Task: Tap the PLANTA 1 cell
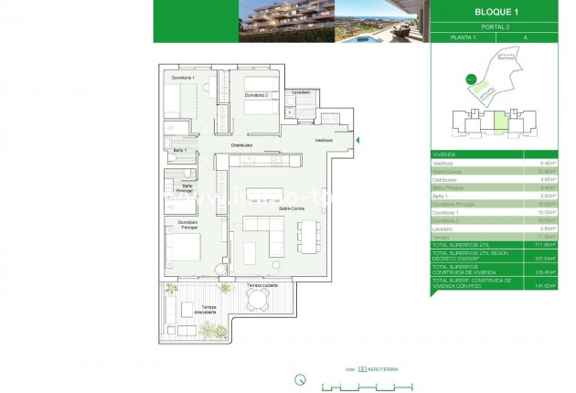(x=464, y=39)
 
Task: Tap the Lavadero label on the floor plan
(x=302, y=92)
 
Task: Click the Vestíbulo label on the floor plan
(x=324, y=140)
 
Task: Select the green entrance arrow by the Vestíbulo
(x=357, y=140)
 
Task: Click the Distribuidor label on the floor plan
(x=241, y=144)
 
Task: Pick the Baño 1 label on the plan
(x=180, y=149)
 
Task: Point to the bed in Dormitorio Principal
(x=180, y=245)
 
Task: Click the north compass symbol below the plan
(x=299, y=378)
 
